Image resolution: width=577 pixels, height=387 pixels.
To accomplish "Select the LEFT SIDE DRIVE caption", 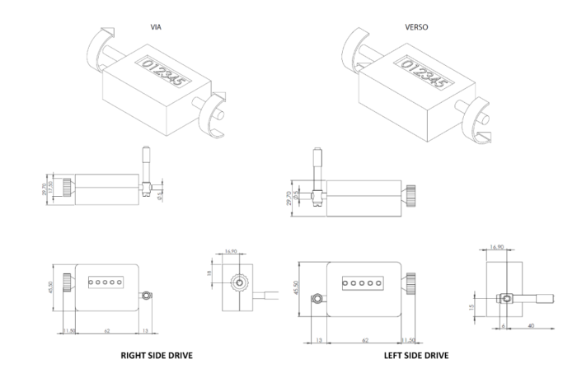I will tap(416, 356).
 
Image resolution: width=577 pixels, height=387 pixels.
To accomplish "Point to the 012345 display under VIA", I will tap(162, 72).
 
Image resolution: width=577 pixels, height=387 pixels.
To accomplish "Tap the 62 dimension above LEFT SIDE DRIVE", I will tap(364, 338).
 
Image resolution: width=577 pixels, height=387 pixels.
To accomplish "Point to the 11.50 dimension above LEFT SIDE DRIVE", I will tap(408, 338).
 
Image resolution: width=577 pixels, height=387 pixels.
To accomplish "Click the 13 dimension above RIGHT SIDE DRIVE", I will tap(146, 331).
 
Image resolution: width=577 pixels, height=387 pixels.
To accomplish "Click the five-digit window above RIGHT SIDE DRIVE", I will tap(105, 282).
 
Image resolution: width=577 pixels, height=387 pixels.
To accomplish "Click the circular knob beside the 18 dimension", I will tap(238, 282).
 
